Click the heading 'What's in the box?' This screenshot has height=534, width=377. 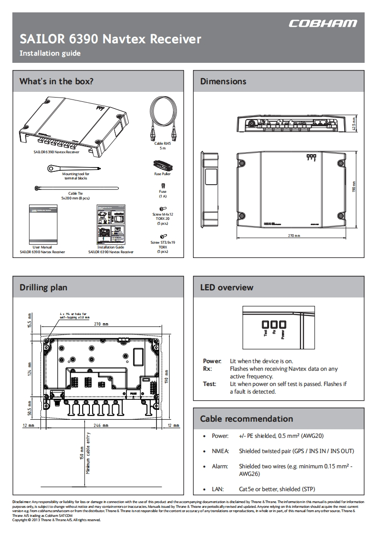tap(56, 81)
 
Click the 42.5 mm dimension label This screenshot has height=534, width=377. tap(354, 124)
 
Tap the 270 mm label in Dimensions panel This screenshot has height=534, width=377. tap(294, 236)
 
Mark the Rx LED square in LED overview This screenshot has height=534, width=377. tap(274, 324)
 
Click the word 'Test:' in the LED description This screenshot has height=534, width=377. tap(209, 384)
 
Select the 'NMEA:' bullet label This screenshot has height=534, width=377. tap(221, 451)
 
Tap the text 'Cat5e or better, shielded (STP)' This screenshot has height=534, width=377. tap(277, 489)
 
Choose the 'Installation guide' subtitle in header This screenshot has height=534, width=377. tap(50, 53)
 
